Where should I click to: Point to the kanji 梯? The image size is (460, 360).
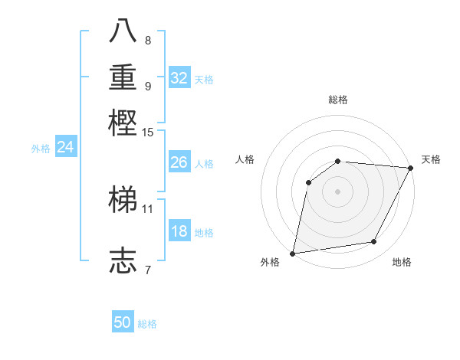(123, 198)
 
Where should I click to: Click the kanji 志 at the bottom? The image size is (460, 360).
(123, 260)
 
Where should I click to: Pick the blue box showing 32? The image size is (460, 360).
(179, 77)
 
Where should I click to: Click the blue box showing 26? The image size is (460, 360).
(179, 162)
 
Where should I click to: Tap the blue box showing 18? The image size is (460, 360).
(179, 232)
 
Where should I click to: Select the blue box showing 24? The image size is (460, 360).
(66, 147)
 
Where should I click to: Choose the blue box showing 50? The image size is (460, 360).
(123, 322)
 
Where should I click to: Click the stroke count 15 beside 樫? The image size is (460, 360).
(147, 133)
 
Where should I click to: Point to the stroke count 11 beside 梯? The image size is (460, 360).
(147, 208)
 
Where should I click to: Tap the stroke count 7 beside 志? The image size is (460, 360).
(147, 269)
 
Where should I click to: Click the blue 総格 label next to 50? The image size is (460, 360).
(147, 324)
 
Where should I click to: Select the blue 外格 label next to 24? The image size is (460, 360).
(41, 149)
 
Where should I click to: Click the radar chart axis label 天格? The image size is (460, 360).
(431, 159)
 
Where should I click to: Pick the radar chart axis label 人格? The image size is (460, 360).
(245, 159)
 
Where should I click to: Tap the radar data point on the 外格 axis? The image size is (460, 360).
(293, 254)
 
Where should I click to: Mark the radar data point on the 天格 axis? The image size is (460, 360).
(411, 169)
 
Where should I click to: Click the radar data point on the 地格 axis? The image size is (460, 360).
(374, 242)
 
